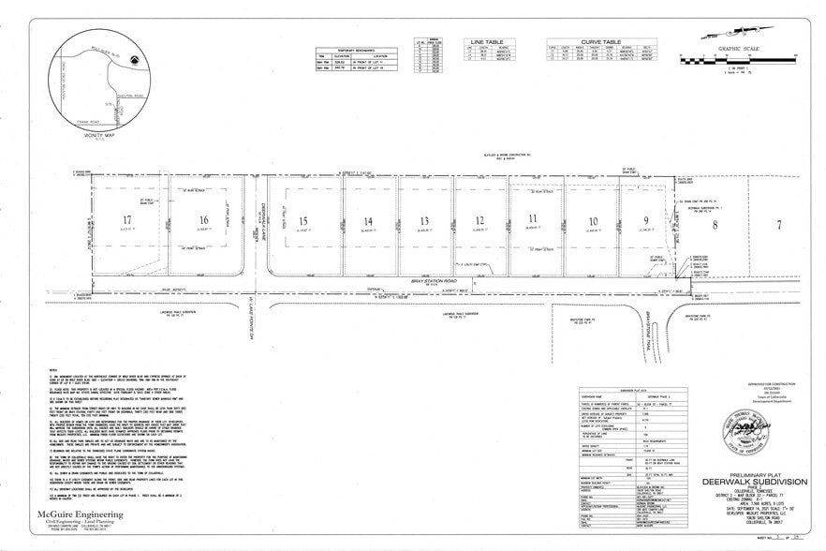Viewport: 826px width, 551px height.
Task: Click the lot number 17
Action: point(126,220)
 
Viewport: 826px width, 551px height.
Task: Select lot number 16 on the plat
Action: point(203,221)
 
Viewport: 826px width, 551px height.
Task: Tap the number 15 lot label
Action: point(302,221)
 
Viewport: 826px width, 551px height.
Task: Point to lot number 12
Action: point(479,221)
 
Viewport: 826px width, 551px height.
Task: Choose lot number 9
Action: point(645,221)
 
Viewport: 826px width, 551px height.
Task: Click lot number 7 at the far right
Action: point(777,225)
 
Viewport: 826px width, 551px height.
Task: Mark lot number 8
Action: point(716,225)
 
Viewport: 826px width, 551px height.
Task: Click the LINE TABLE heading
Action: point(487,42)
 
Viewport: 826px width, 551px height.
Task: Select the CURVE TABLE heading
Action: point(600,42)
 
